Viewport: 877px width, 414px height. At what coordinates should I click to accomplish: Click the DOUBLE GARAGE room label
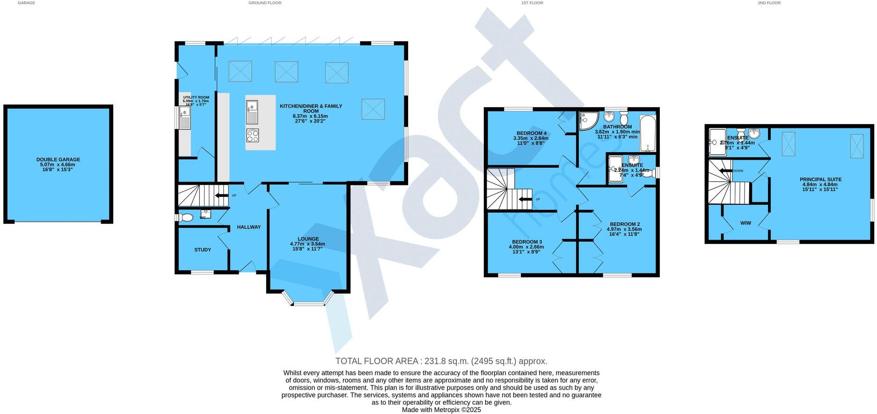click(58, 160)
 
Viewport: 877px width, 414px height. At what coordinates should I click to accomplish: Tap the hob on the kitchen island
click(252, 136)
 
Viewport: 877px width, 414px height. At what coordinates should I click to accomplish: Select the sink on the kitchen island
click(252, 112)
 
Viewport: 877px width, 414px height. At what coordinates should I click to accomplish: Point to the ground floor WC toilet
click(186, 218)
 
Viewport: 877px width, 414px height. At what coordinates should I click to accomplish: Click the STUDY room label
click(203, 250)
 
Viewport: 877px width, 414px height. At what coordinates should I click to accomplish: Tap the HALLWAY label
click(248, 227)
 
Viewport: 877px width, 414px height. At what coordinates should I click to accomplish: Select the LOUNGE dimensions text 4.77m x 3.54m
click(307, 244)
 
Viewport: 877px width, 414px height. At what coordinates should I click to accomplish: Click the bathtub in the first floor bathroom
click(648, 133)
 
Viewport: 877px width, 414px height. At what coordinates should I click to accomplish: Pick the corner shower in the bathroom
click(587, 120)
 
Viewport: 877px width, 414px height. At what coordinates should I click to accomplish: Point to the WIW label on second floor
click(745, 223)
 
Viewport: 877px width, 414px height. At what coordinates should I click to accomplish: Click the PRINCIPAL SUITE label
click(820, 179)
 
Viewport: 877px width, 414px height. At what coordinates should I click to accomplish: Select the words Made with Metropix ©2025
click(441, 410)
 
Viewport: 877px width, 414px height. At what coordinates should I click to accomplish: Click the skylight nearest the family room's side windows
click(373, 109)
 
